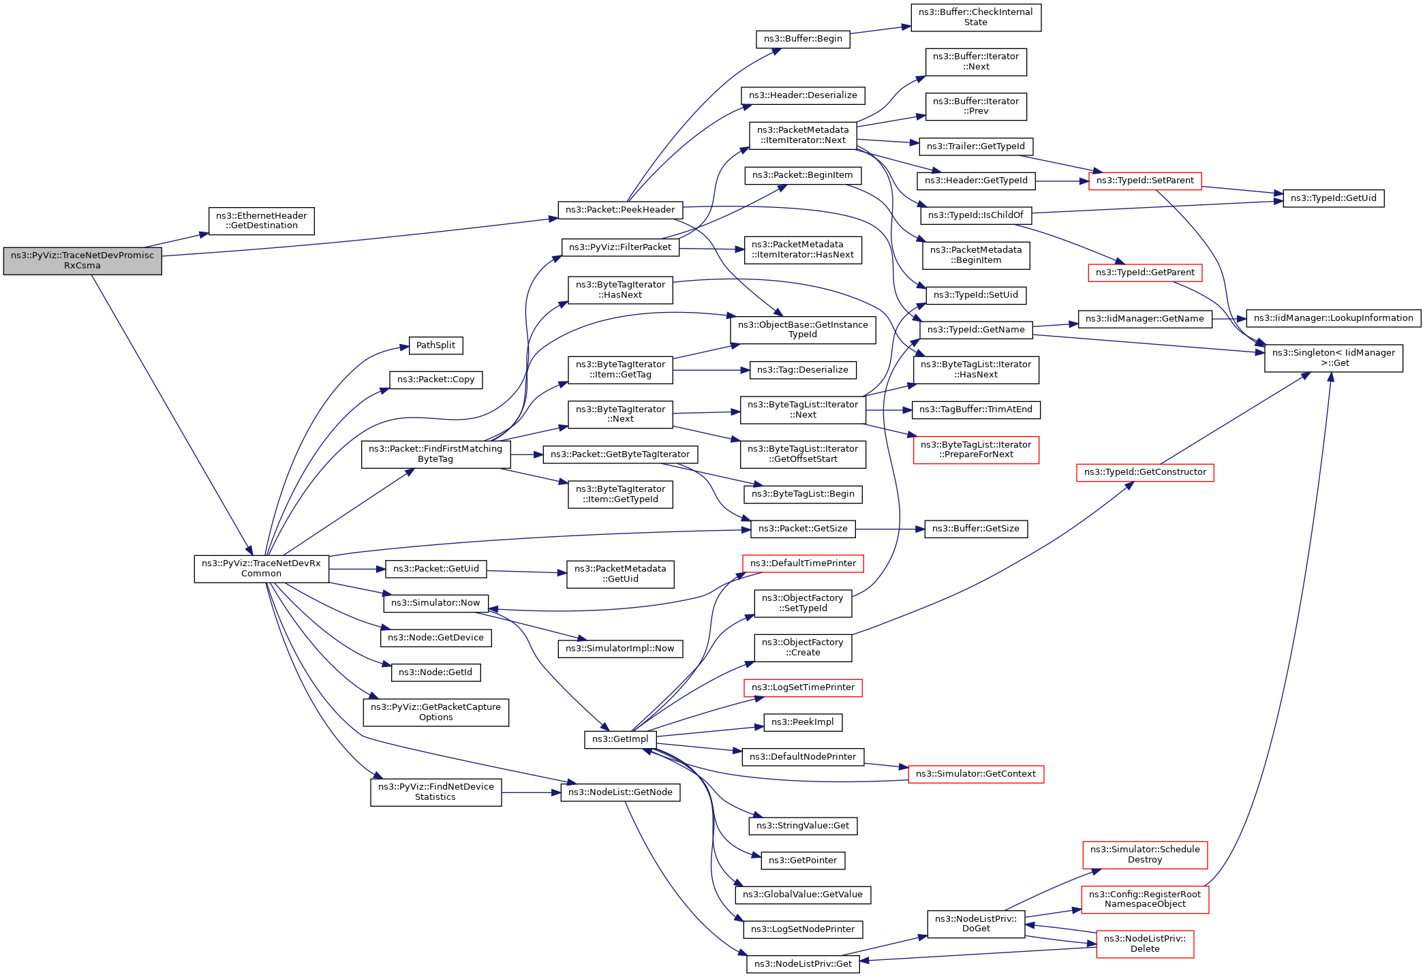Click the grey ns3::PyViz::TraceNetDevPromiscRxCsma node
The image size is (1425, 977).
pyautogui.click(x=82, y=261)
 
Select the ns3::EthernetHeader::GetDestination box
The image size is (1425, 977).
pyautogui.click(x=261, y=221)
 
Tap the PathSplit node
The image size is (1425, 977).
pyautogui.click(x=435, y=345)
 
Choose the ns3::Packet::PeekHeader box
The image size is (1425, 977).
pyautogui.click(x=619, y=210)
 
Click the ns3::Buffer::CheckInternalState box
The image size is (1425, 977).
pyautogui.click(x=975, y=17)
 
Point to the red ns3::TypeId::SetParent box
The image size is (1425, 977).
pyautogui.click(x=1144, y=181)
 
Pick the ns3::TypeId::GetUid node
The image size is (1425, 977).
pyautogui.click(x=1333, y=198)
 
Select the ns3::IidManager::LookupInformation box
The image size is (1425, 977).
pyautogui.click(x=1333, y=318)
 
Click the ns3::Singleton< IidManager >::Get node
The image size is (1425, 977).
pyautogui.click(x=1333, y=358)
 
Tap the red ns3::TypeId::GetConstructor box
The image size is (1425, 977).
pyautogui.click(x=1144, y=472)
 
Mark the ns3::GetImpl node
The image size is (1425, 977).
pyautogui.click(x=620, y=739)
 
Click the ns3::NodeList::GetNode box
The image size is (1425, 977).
pyautogui.click(x=620, y=792)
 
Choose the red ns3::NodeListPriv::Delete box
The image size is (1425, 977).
pyautogui.click(x=1144, y=944)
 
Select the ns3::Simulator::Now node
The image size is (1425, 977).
pyautogui.click(x=435, y=603)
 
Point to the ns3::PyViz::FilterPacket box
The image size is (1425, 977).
pyautogui.click(x=620, y=247)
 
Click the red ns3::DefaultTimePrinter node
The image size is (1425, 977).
pyautogui.click(x=803, y=563)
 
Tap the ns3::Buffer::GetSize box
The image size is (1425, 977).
pyautogui.click(x=975, y=529)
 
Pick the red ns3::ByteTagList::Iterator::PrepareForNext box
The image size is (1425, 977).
pyautogui.click(x=975, y=450)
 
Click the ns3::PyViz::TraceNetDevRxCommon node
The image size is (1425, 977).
pyautogui.click(x=261, y=568)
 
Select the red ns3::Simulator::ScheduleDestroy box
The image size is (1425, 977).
pyautogui.click(x=1144, y=854)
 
